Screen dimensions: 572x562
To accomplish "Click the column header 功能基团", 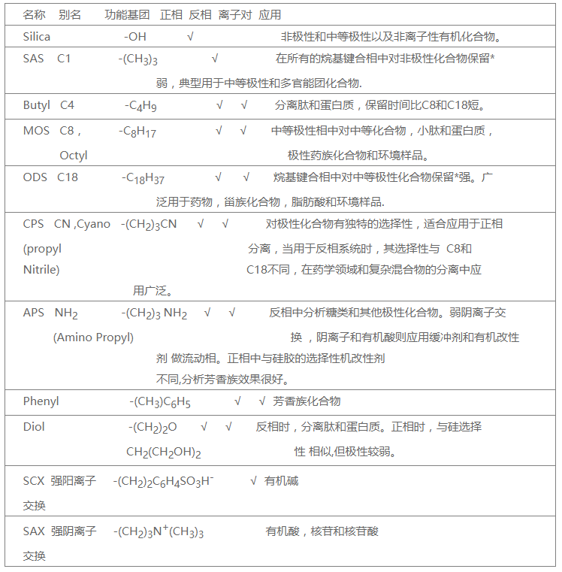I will [x=127, y=15].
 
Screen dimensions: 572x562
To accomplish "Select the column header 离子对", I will [x=235, y=15].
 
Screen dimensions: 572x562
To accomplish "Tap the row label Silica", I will [x=38, y=36].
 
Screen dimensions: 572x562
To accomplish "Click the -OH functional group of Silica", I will [x=135, y=36].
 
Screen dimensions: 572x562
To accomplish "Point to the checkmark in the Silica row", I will [x=191, y=36].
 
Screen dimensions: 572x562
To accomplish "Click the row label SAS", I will [x=34, y=58].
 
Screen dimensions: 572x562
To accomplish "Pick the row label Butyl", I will [x=37, y=106].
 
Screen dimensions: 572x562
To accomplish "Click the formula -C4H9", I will [x=140, y=107].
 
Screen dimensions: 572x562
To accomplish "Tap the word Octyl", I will [x=74, y=156].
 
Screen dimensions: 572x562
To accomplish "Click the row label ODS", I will [x=35, y=178].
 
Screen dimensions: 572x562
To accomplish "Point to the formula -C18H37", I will [x=143, y=179].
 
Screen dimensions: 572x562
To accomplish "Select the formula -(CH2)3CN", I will [x=149, y=224].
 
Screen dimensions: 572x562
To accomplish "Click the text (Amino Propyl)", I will [x=93, y=337].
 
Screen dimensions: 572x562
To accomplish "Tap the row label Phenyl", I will [x=41, y=401].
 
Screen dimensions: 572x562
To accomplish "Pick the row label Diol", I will [x=34, y=427].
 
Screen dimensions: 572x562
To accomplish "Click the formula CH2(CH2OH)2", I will [x=163, y=452].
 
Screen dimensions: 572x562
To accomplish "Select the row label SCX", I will [x=34, y=481].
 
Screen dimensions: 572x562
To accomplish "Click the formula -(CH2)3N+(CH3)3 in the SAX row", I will [x=159, y=532].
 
